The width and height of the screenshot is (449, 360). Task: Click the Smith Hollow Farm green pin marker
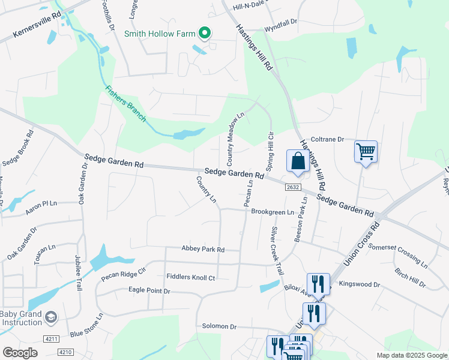[x=205, y=34]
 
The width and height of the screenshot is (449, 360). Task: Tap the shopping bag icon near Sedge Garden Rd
[x=298, y=161]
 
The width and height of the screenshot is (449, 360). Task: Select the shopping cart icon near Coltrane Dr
[x=366, y=151]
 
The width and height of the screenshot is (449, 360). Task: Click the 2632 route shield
[x=292, y=187]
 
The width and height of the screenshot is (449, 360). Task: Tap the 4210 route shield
[x=66, y=352]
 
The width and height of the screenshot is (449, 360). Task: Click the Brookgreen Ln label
[x=273, y=212]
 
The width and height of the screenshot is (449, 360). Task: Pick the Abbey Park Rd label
[x=203, y=249]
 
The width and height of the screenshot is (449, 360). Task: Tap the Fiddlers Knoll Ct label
[x=190, y=278]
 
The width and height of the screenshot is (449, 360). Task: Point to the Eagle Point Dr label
[x=149, y=290]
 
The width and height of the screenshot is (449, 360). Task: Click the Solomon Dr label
[x=220, y=326]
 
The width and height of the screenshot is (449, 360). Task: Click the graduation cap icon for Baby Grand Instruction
[x=52, y=316]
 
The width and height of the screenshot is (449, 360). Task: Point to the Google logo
[x=20, y=353]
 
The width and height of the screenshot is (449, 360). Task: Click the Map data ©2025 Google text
[x=411, y=355]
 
